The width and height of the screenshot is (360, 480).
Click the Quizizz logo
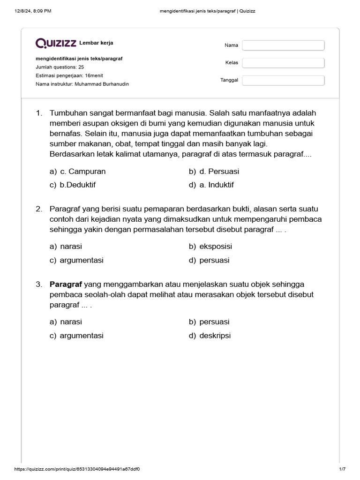[56, 44]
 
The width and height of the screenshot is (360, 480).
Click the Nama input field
[283, 45]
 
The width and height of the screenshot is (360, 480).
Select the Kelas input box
[283, 63]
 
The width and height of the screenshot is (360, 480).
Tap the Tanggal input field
[283, 80]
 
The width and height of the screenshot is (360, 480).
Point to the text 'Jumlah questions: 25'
[60, 67]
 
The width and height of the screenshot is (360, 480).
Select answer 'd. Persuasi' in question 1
[219, 172]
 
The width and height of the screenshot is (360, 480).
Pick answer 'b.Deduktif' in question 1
[77, 185]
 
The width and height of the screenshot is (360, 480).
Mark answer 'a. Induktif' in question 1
[217, 185]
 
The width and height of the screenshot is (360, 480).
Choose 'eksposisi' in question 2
[216, 247]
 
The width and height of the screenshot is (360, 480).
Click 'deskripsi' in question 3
[215, 336]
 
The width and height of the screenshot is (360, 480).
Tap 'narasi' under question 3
[71, 322]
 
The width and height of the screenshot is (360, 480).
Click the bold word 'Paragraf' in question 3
[66, 284]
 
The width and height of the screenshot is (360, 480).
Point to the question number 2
[39, 209]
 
